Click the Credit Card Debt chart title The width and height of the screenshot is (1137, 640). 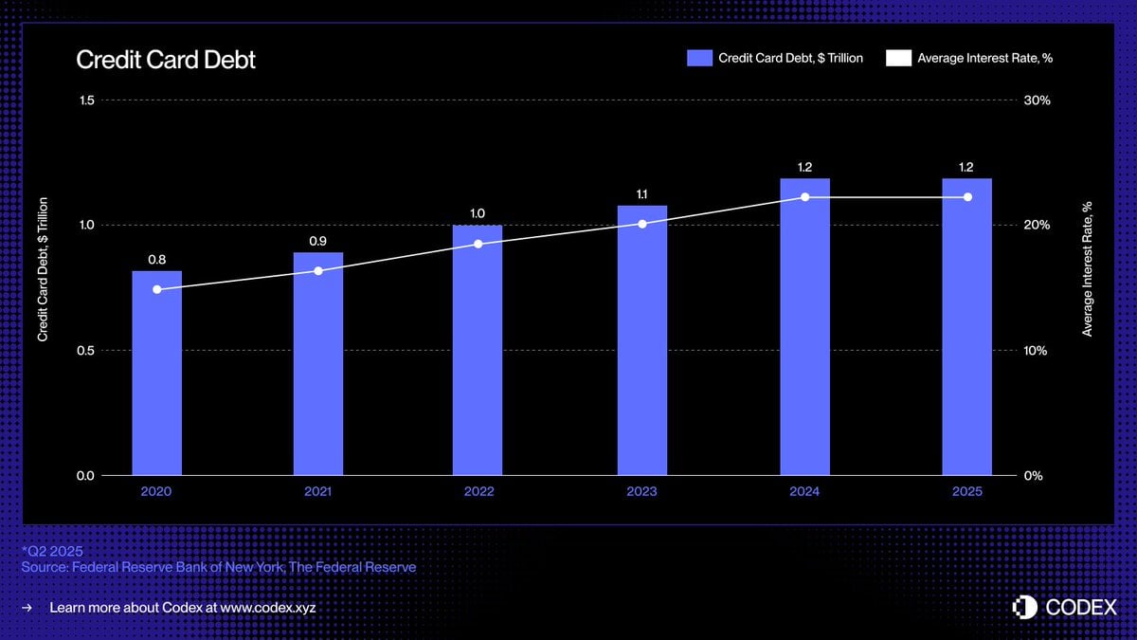(166, 60)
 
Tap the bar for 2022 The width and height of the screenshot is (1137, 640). (478, 350)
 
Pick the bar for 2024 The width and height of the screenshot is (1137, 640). (804, 326)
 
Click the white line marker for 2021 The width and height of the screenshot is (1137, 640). (318, 271)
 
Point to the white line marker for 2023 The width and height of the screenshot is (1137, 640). (642, 224)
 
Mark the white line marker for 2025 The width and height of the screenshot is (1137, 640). (967, 197)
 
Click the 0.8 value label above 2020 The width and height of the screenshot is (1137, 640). (156, 259)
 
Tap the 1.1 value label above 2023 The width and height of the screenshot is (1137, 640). (642, 194)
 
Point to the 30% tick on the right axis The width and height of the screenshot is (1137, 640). (1038, 101)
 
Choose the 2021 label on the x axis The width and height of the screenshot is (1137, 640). (318, 492)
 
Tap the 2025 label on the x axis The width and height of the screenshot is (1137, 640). (967, 492)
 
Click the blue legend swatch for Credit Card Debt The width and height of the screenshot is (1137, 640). (699, 58)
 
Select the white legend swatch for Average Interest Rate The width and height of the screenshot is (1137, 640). (897, 58)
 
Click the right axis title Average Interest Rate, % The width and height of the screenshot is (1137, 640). (1088, 268)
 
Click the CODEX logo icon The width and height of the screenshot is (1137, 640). (1025, 607)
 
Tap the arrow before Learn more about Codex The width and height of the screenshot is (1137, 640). (27, 607)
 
